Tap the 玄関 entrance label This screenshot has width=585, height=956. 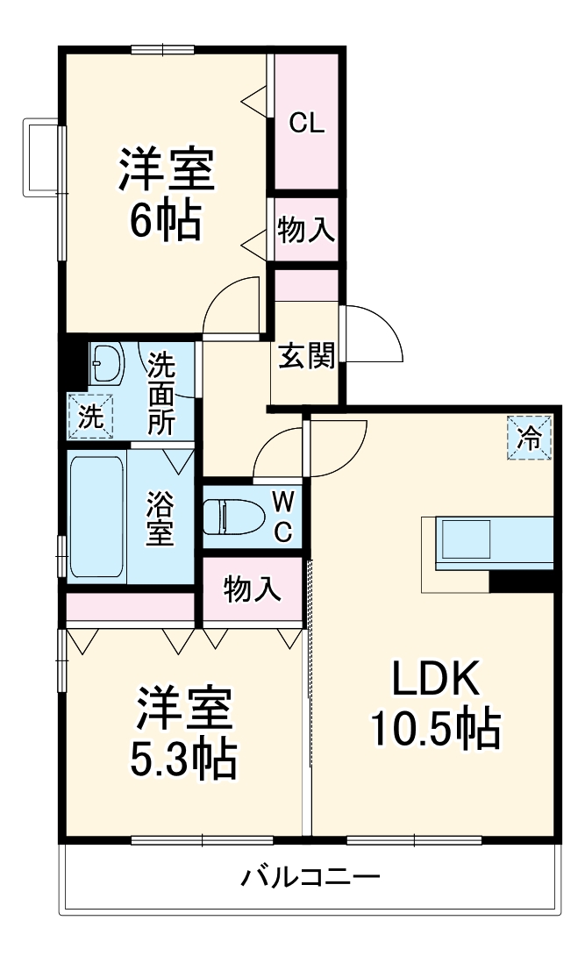pyautogui.click(x=306, y=355)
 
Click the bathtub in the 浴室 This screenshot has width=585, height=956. pyautogui.click(x=97, y=517)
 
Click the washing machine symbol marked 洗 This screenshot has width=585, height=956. pyautogui.click(x=91, y=417)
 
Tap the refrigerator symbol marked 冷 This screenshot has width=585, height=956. pyautogui.click(x=530, y=438)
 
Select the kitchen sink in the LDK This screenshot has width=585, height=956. pyautogui.click(x=467, y=539)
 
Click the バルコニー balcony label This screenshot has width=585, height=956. pyautogui.click(x=310, y=877)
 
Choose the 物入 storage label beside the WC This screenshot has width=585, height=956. pyautogui.click(x=253, y=589)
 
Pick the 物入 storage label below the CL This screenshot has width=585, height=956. pyautogui.click(x=306, y=230)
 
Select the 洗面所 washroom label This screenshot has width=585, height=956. pyautogui.click(x=161, y=393)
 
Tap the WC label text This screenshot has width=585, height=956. pyautogui.click(x=282, y=517)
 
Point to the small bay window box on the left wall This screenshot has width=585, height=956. pyautogui.click(x=41, y=157)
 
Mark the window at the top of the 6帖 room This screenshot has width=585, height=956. pyautogui.click(x=162, y=49)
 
